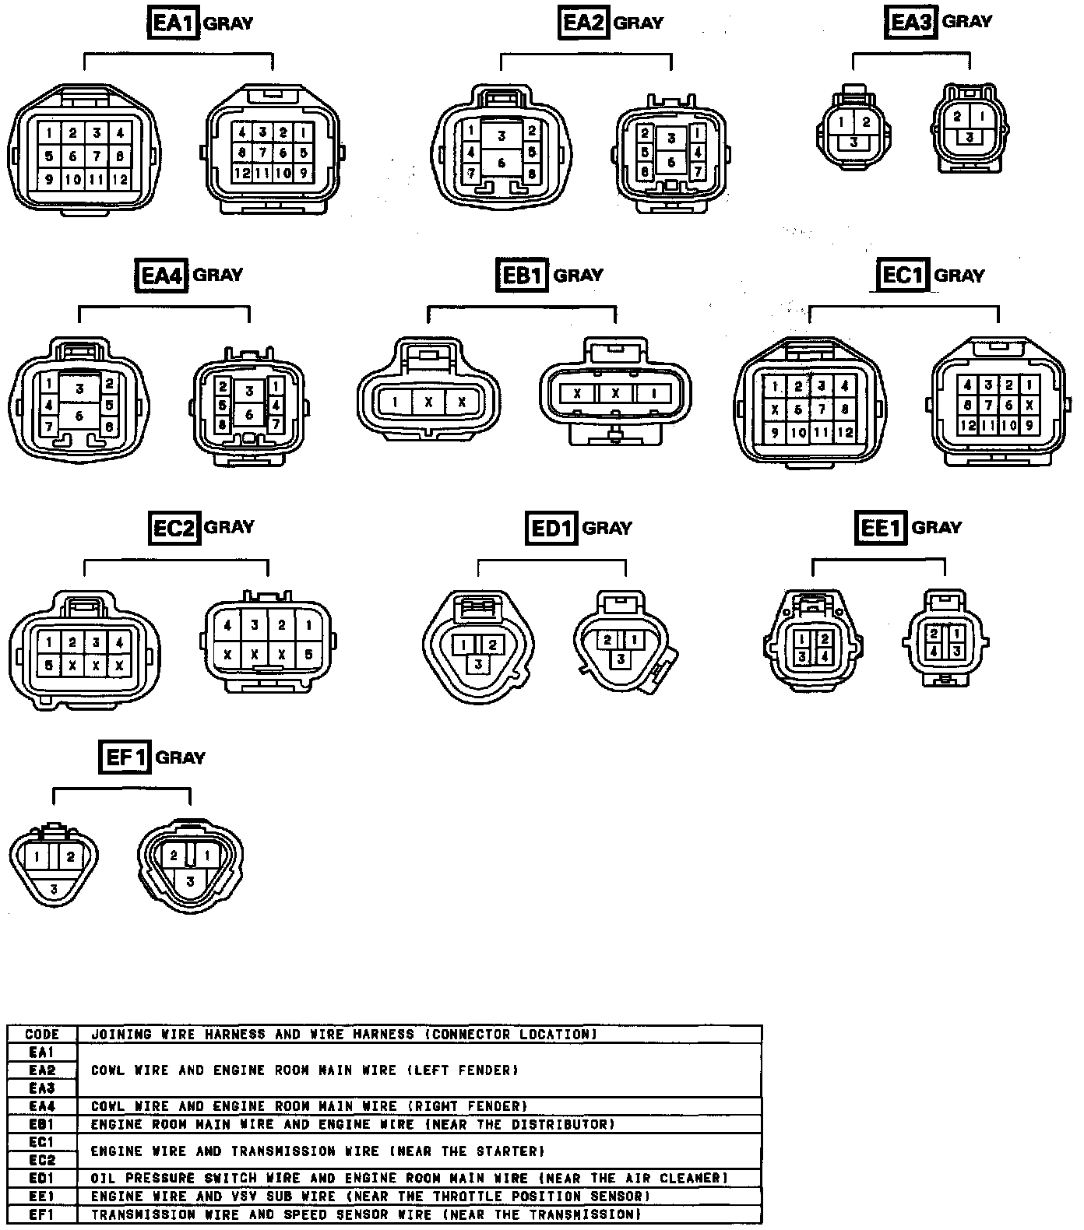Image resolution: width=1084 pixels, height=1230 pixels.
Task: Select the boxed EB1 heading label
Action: (521, 275)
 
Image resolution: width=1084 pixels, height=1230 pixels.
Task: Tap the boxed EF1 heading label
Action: (125, 757)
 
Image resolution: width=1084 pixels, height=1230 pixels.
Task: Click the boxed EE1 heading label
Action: (880, 529)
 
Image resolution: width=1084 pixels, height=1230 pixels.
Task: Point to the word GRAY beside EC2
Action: (229, 527)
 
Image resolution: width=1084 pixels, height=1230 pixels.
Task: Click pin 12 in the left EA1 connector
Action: (119, 179)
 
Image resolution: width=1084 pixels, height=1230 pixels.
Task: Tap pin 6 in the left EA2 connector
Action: (502, 163)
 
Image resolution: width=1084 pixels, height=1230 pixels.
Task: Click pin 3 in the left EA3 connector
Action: (854, 142)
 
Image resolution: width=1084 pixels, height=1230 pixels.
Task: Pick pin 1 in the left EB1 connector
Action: (396, 402)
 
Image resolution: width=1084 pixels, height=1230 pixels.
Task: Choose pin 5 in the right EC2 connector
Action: (308, 655)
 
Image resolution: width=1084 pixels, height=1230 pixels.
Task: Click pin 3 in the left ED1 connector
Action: (478, 663)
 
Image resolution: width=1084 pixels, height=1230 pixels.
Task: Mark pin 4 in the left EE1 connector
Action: (825, 656)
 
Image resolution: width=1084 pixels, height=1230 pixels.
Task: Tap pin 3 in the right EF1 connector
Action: (189, 882)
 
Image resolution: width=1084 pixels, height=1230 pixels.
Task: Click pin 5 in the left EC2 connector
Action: (49, 665)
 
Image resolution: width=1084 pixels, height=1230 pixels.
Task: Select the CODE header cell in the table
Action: (42, 1035)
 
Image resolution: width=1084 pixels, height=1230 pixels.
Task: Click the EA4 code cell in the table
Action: (42, 1106)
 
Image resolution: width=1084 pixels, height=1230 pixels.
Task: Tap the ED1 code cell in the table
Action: (42, 1178)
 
